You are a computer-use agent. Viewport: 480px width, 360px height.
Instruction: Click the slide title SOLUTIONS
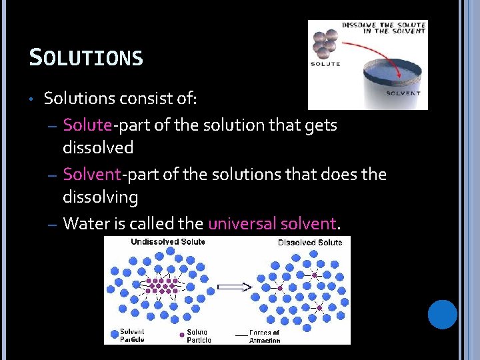click(x=86, y=57)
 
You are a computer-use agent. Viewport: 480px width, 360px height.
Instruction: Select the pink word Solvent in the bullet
click(x=91, y=175)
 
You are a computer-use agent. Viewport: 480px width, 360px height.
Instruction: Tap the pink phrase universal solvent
click(x=273, y=223)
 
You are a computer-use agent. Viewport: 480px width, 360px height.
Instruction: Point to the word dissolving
click(x=100, y=197)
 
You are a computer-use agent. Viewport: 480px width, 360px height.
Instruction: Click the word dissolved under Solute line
click(x=98, y=147)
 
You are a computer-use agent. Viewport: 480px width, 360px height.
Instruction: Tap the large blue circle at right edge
click(x=442, y=315)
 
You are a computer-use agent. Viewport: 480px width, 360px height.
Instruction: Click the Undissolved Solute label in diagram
click(x=167, y=241)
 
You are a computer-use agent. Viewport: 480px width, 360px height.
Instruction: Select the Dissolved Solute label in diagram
click(x=309, y=242)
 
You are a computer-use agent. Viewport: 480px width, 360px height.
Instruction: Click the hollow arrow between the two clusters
click(x=234, y=287)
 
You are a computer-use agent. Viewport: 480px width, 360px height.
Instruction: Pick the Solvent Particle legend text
click(x=131, y=335)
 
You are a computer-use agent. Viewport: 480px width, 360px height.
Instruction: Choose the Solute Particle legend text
click(x=198, y=335)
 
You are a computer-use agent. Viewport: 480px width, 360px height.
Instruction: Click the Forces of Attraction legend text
click(x=265, y=336)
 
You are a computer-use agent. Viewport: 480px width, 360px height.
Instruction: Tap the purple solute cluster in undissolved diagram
click(x=162, y=285)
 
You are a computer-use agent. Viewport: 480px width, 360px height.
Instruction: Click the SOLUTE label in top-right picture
click(x=325, y=64)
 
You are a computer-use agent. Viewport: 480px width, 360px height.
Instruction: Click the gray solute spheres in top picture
click(x=325, y=43)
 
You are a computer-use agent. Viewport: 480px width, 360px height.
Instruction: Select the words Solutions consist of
click(x=120, y=99)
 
